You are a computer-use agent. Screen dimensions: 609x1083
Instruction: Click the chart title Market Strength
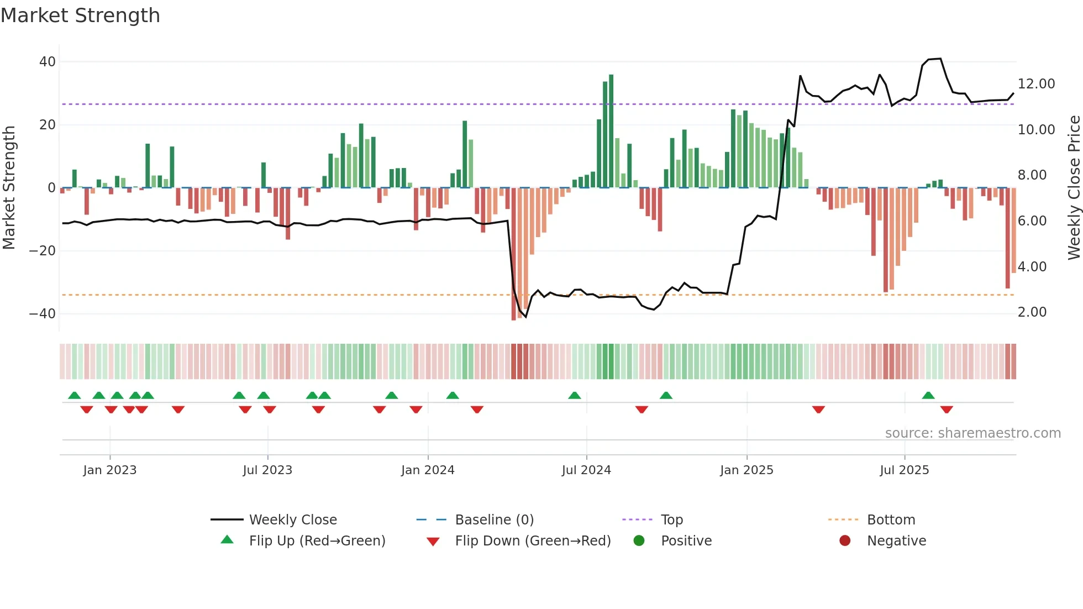pyautogui.click(x=80, y=15)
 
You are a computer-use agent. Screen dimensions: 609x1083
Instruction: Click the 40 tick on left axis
pyautogui.click(x=48, y=62)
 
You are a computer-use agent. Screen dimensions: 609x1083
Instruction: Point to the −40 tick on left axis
pyautogui.click(x=43, y=314)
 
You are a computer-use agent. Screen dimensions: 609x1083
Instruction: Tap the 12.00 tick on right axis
pyautogui.click(x=1036, y=84)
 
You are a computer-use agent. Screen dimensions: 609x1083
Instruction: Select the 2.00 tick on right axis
pyautogui.click(x=1032, y=312)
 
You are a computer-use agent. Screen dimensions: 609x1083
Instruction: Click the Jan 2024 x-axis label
pyautogui.click(x=428, y=470)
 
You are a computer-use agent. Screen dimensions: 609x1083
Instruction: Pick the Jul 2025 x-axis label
pyautogui.click(x=904, y=470)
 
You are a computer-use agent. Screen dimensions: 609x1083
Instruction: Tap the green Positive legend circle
pyautogui.click(x=639, y=541)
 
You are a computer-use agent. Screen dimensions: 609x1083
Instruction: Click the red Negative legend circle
pyautogui.click(x=844, y=541)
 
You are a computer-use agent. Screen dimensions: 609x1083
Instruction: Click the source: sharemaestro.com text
pyautogui.click(x=972, y=433)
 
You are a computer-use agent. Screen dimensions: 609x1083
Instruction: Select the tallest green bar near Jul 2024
pyautogui.click(x=611, y=131)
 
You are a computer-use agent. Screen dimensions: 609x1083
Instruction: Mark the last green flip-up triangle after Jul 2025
pyautogui.click(x=928, y=396)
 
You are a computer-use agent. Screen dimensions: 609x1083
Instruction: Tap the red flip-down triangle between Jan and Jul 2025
pyautogui.click(x=818, y=410)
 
